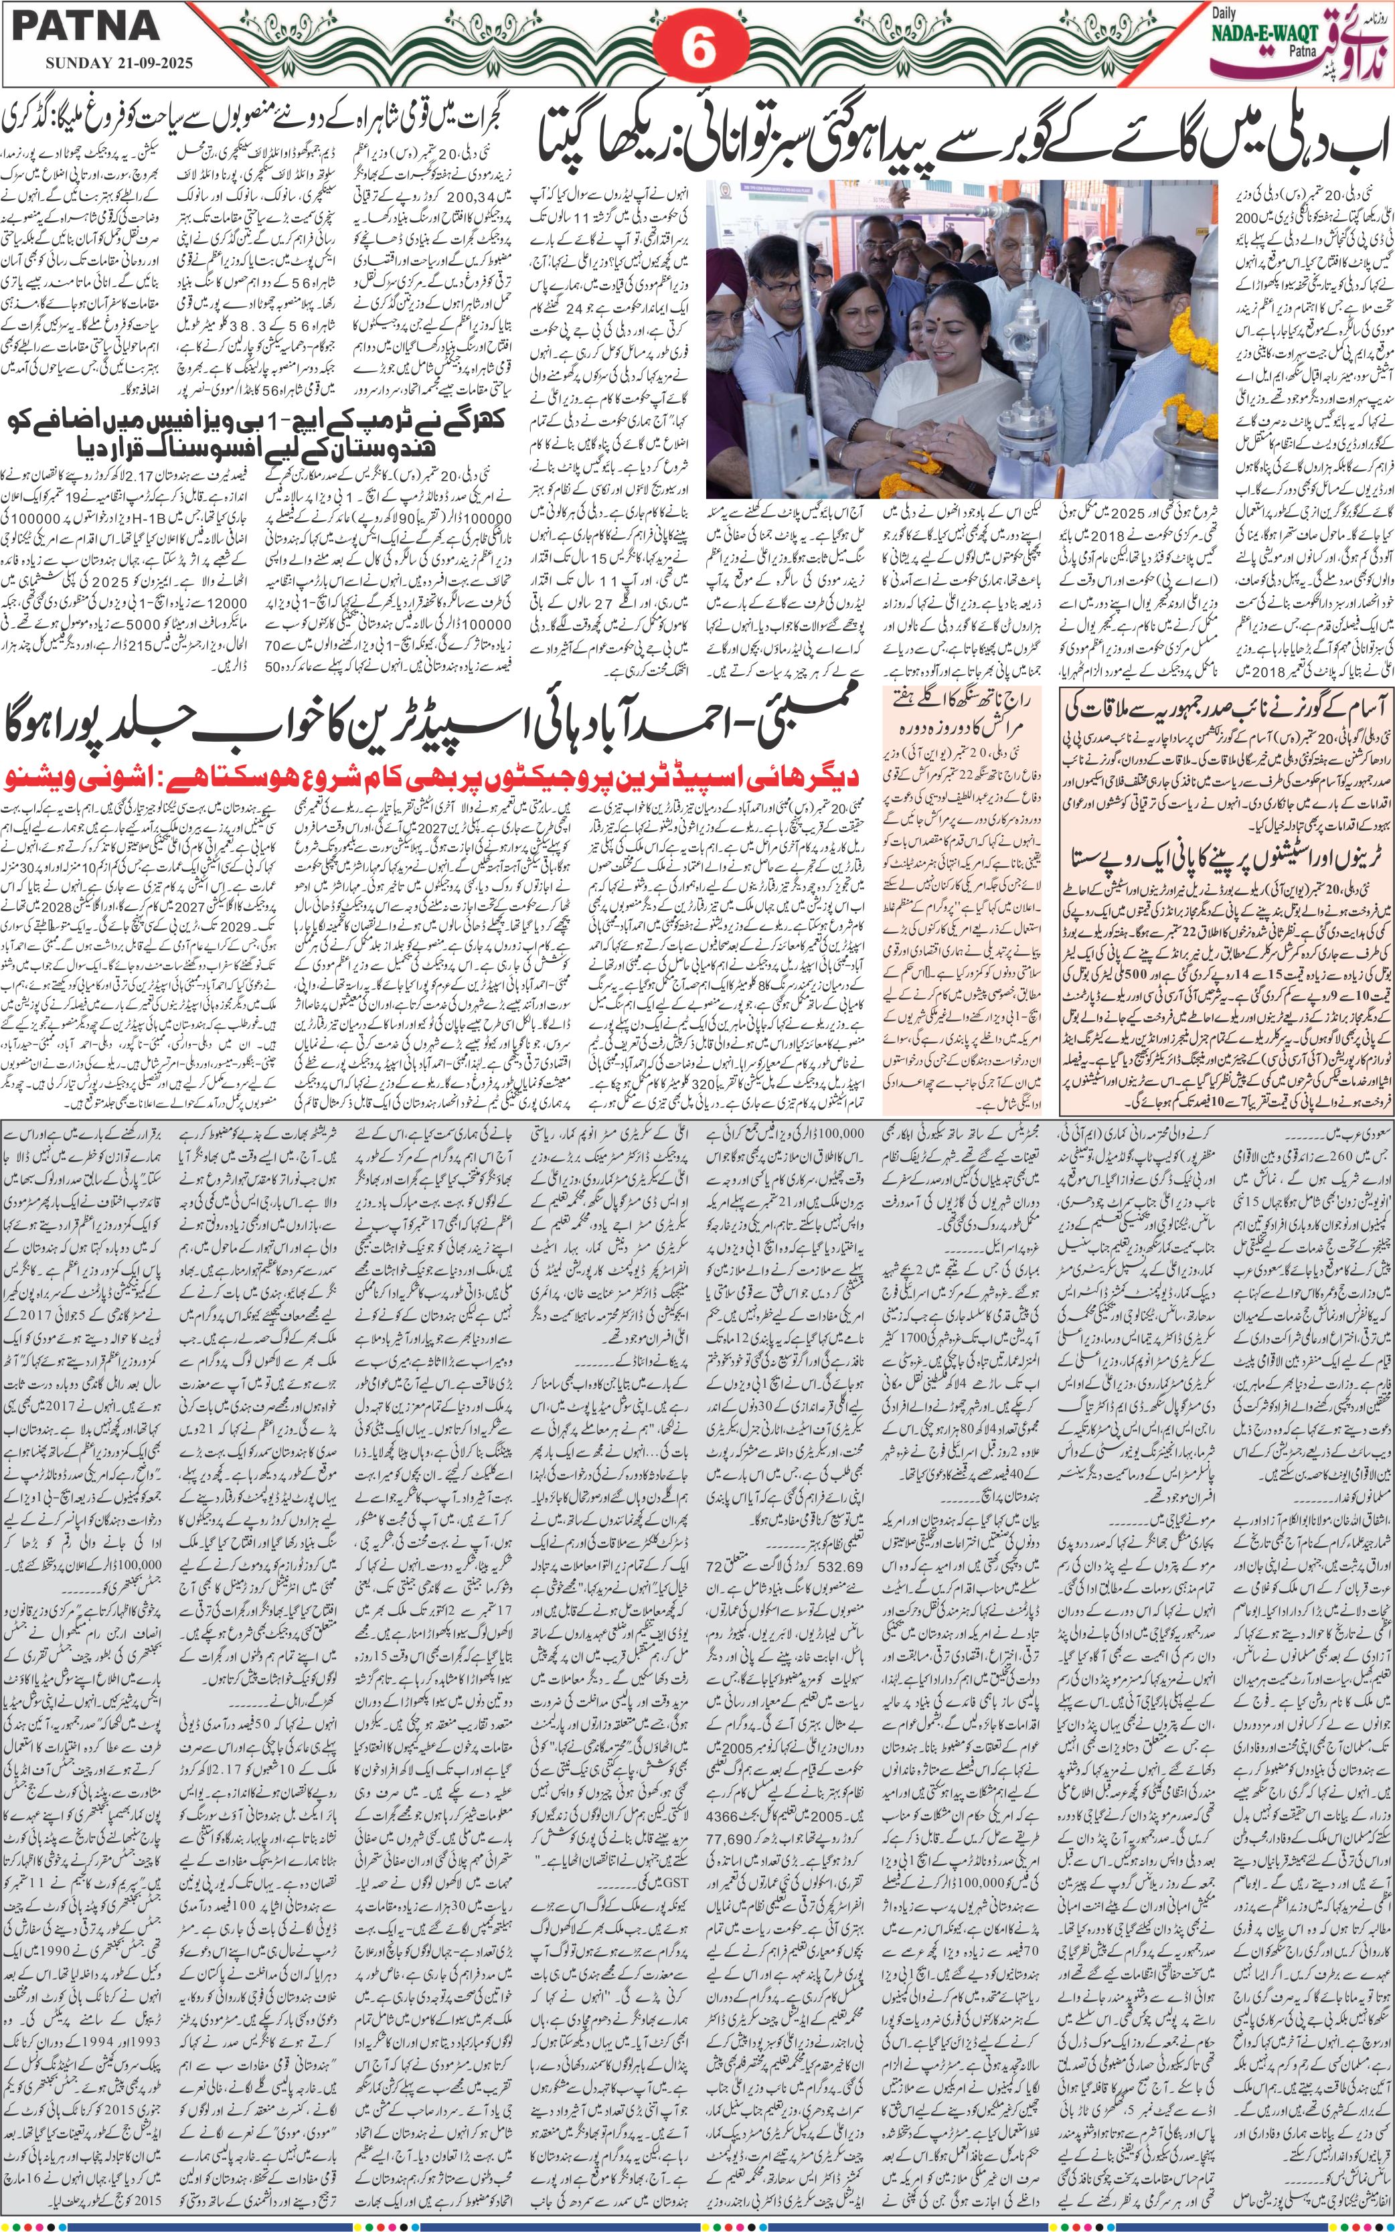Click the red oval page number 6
(698, 49)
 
